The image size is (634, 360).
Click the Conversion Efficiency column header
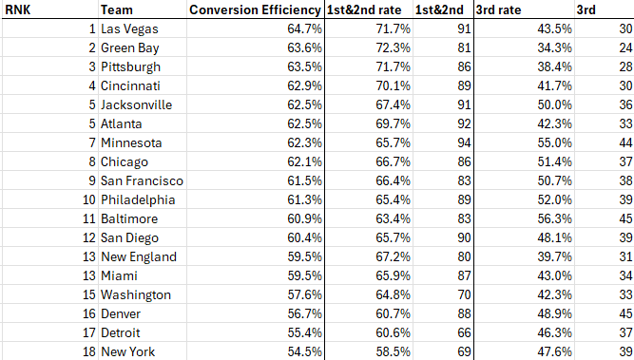coord(255,9)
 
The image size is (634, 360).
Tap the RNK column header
coord(17,9)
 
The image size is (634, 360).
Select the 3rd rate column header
coord(498,9)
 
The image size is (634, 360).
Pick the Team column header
coord(117,9)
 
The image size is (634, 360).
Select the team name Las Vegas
coord(129,29)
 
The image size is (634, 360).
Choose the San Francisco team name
coord(142,180)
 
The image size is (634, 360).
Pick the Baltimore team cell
coord(129,218)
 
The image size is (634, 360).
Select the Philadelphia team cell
coord(138,199)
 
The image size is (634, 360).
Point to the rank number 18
coord(89,351)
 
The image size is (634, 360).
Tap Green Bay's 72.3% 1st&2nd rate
coord(393,47)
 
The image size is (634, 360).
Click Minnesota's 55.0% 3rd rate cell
coord(555,142)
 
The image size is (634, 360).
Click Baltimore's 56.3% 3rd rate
coord(555,218)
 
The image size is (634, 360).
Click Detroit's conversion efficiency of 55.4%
coord(305,332)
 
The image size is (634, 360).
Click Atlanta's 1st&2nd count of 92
coord(464,123)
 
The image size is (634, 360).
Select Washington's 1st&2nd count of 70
coord(464,294)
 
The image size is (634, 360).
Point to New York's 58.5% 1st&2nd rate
coord(393,351)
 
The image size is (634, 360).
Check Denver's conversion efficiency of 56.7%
coord(305,313)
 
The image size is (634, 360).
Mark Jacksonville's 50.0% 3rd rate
coord(555,104)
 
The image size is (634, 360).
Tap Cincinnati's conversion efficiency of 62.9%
coord(305,85)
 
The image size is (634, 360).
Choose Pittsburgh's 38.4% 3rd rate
coord(555,66)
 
